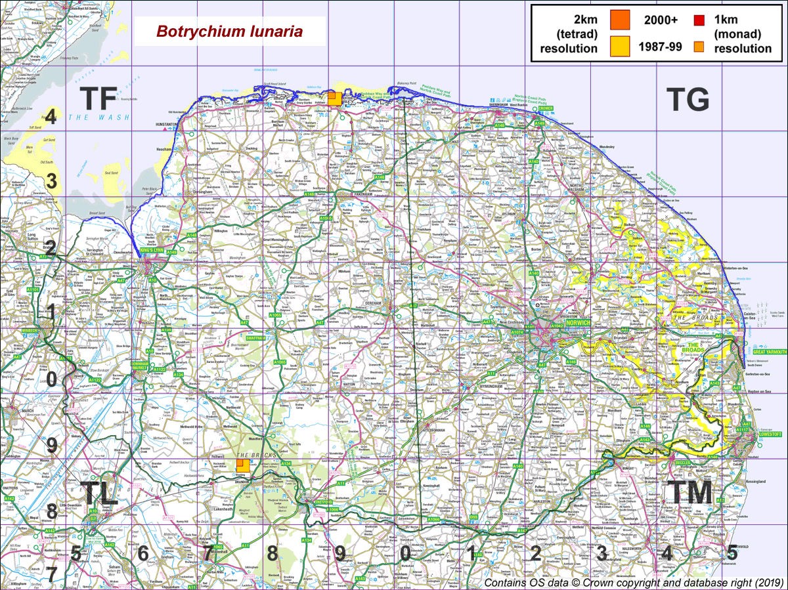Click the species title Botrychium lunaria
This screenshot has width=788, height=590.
pyautogui.click(x=229, y=32)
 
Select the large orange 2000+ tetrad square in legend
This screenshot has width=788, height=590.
pyautogui.click(x=620, y=21)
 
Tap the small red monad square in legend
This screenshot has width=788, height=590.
pyautogui.click(x=699, y=20)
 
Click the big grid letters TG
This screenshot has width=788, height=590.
pyautogui.click(x=688, y=100)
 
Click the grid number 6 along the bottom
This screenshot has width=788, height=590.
pyautogui.click(x=142, y=554)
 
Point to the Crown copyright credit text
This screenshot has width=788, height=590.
pyautogui.click(x=633, y=583)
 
